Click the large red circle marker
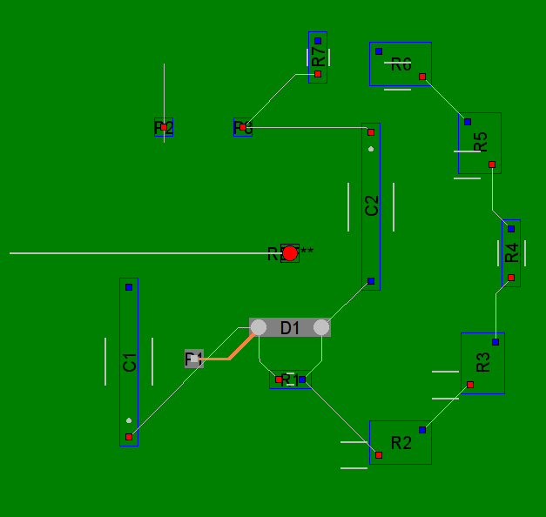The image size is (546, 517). point(290,253)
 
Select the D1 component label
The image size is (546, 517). point(290,328)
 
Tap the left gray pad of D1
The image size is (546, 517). point(259,327)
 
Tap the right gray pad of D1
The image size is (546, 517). point(321,327)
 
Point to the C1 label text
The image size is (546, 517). point(130,362)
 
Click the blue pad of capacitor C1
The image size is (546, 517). point(129,287)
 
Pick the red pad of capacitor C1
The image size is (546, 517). point(129,437)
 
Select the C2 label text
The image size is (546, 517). point(372,206)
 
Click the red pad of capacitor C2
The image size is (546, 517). point(371,132)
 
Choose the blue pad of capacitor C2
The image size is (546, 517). point(371,281)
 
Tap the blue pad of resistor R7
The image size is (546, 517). point(318,41)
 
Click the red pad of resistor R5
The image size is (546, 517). point(492,164)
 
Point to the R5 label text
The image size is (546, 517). point(481,142)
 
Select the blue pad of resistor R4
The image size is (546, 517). point(511,229)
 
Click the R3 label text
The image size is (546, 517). point(484,362)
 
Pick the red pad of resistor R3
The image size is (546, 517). point(470,385)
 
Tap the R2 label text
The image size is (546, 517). point(401,443)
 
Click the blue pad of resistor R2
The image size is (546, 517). point(422,430)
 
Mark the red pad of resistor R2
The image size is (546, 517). point(379,455)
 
